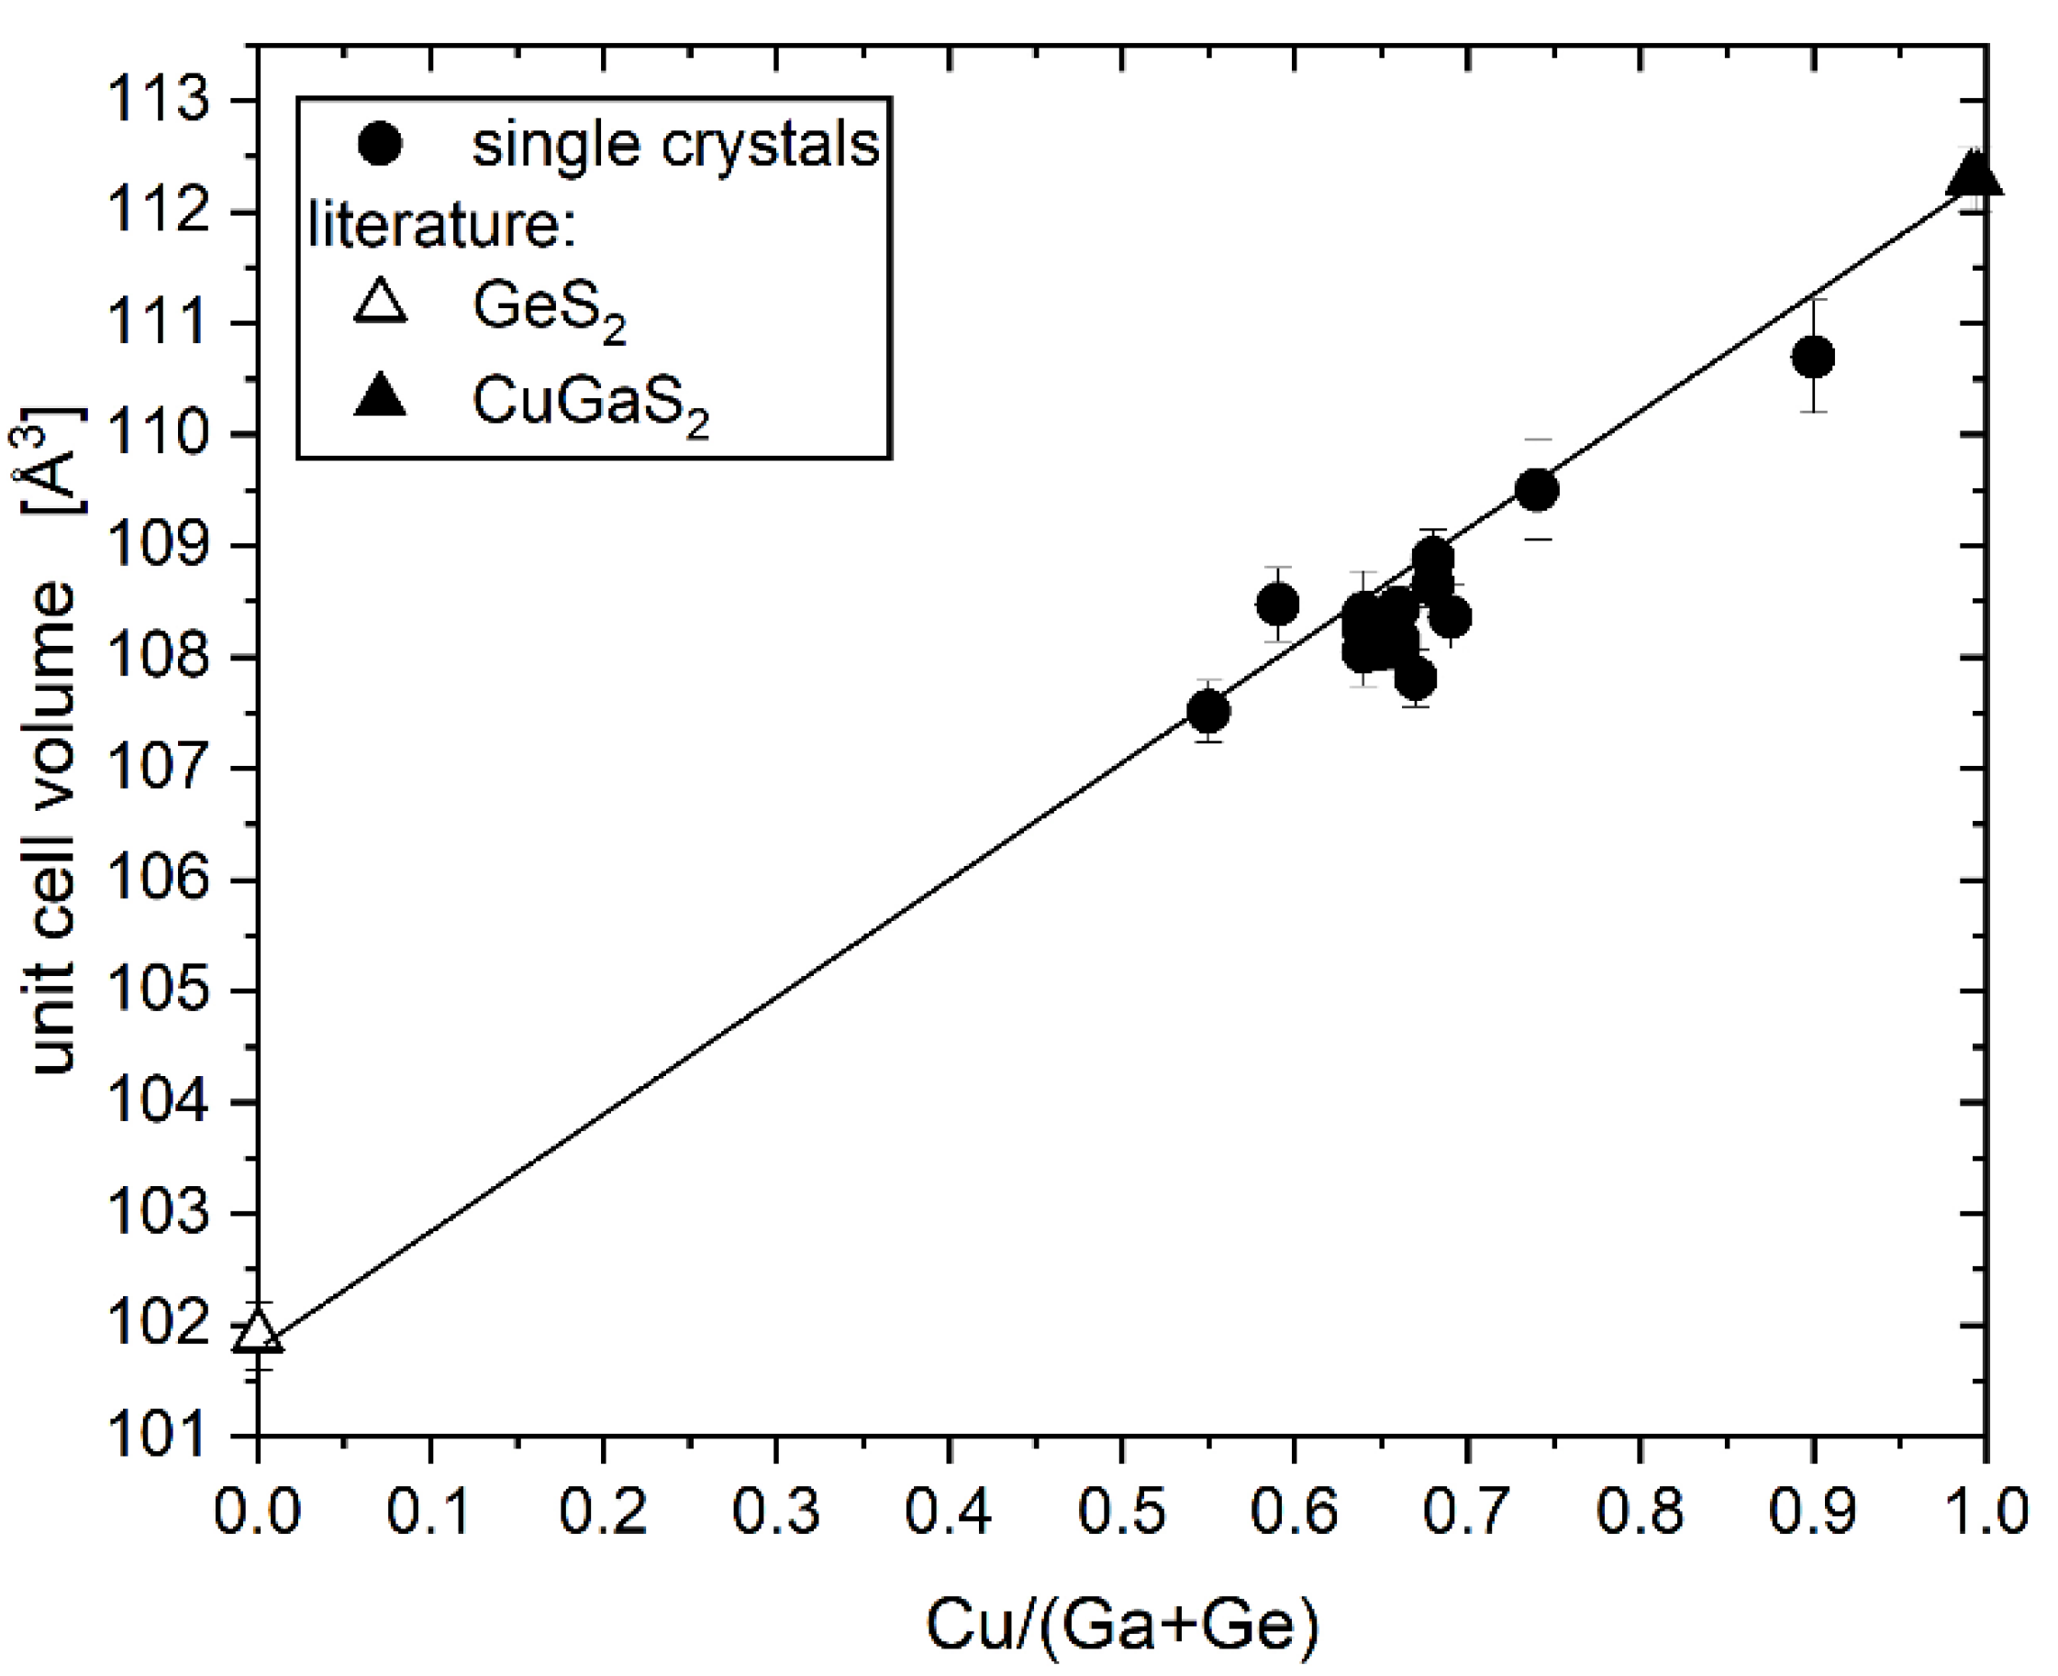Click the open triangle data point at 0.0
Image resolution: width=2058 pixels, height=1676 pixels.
[258, 1332]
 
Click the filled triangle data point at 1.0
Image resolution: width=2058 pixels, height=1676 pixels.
[1972, 177]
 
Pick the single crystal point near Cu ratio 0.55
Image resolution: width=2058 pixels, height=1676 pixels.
[1207, 713]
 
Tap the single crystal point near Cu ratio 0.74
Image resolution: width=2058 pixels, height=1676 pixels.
[1537, 491]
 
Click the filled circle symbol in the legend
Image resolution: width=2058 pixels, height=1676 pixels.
[380, 145]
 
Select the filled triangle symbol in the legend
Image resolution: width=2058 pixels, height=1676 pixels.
[380, 395]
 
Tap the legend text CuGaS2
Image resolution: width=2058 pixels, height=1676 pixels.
[590, 403]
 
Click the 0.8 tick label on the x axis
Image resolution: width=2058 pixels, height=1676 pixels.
[1639, 1511]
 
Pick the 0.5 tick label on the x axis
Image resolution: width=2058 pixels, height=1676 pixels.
[1121, 1511]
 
